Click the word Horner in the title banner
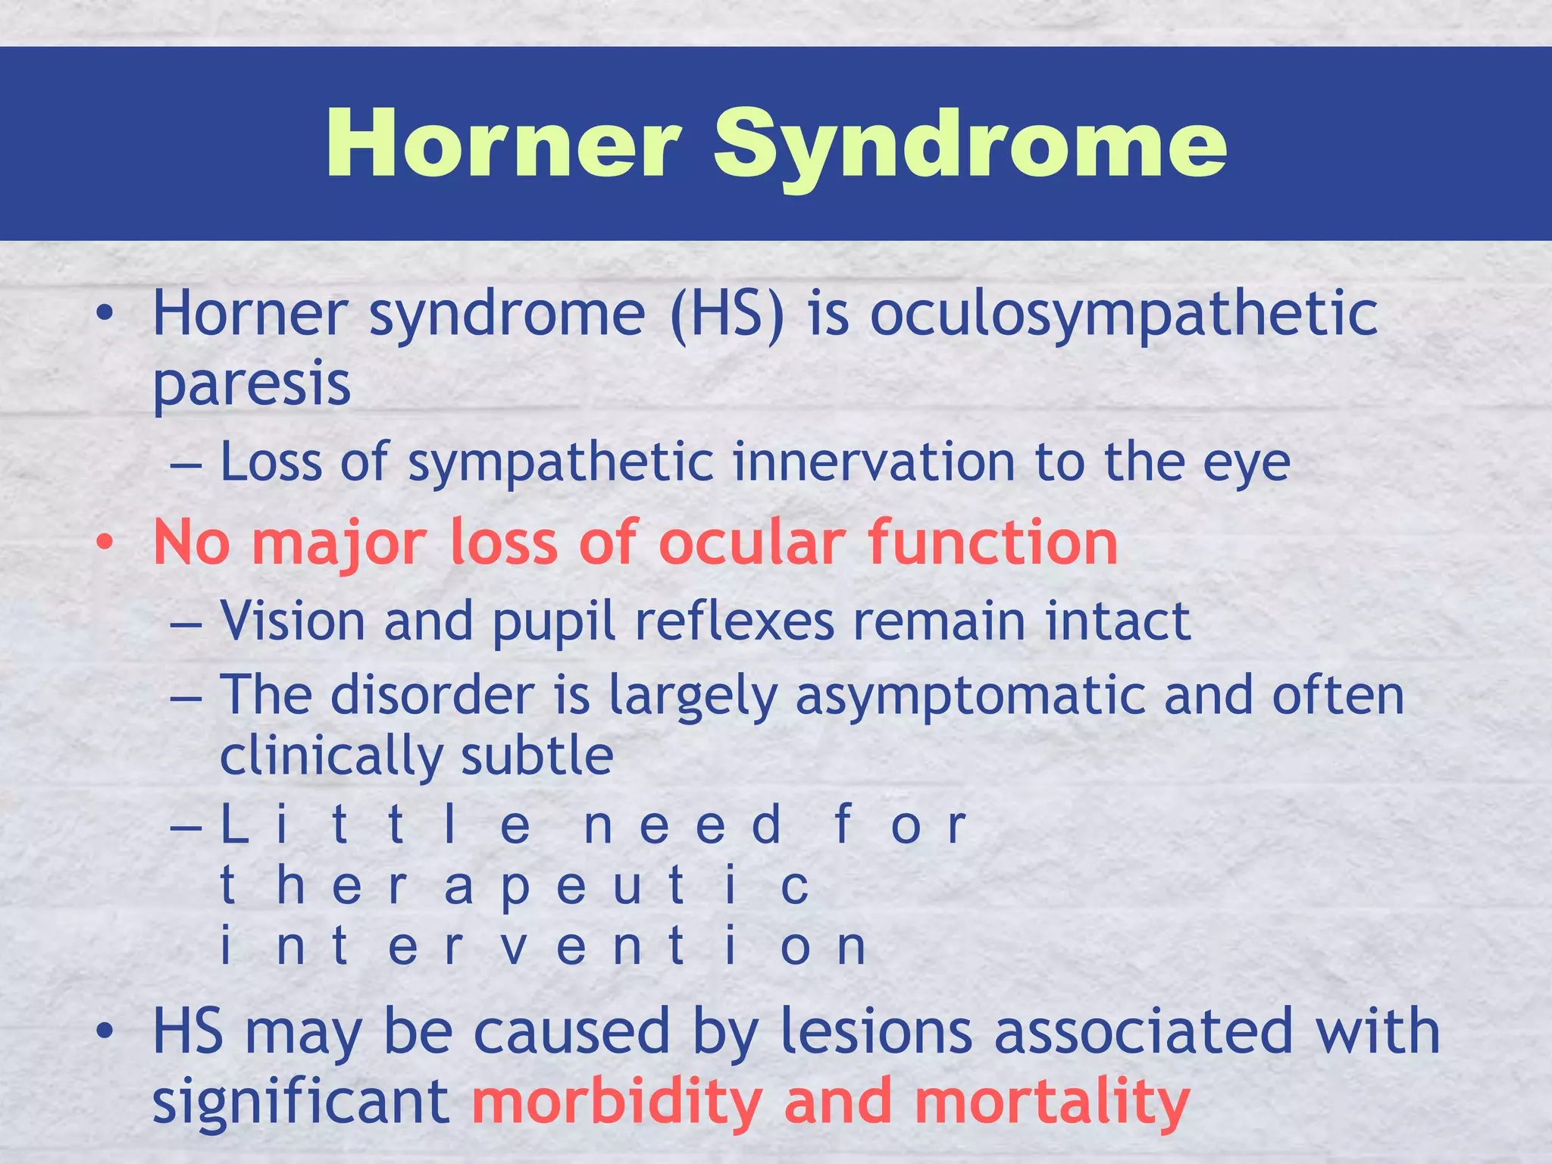click(x=502, y=144)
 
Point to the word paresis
click(x=252, y=385)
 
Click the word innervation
click(x=874, y=462)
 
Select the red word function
click(x=993, y=543)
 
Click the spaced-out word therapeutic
click(x=515, y=887)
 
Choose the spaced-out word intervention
click(x=543, y=947)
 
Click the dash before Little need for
click(x=186, y=827)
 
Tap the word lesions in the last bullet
click(x=876, y=1032)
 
